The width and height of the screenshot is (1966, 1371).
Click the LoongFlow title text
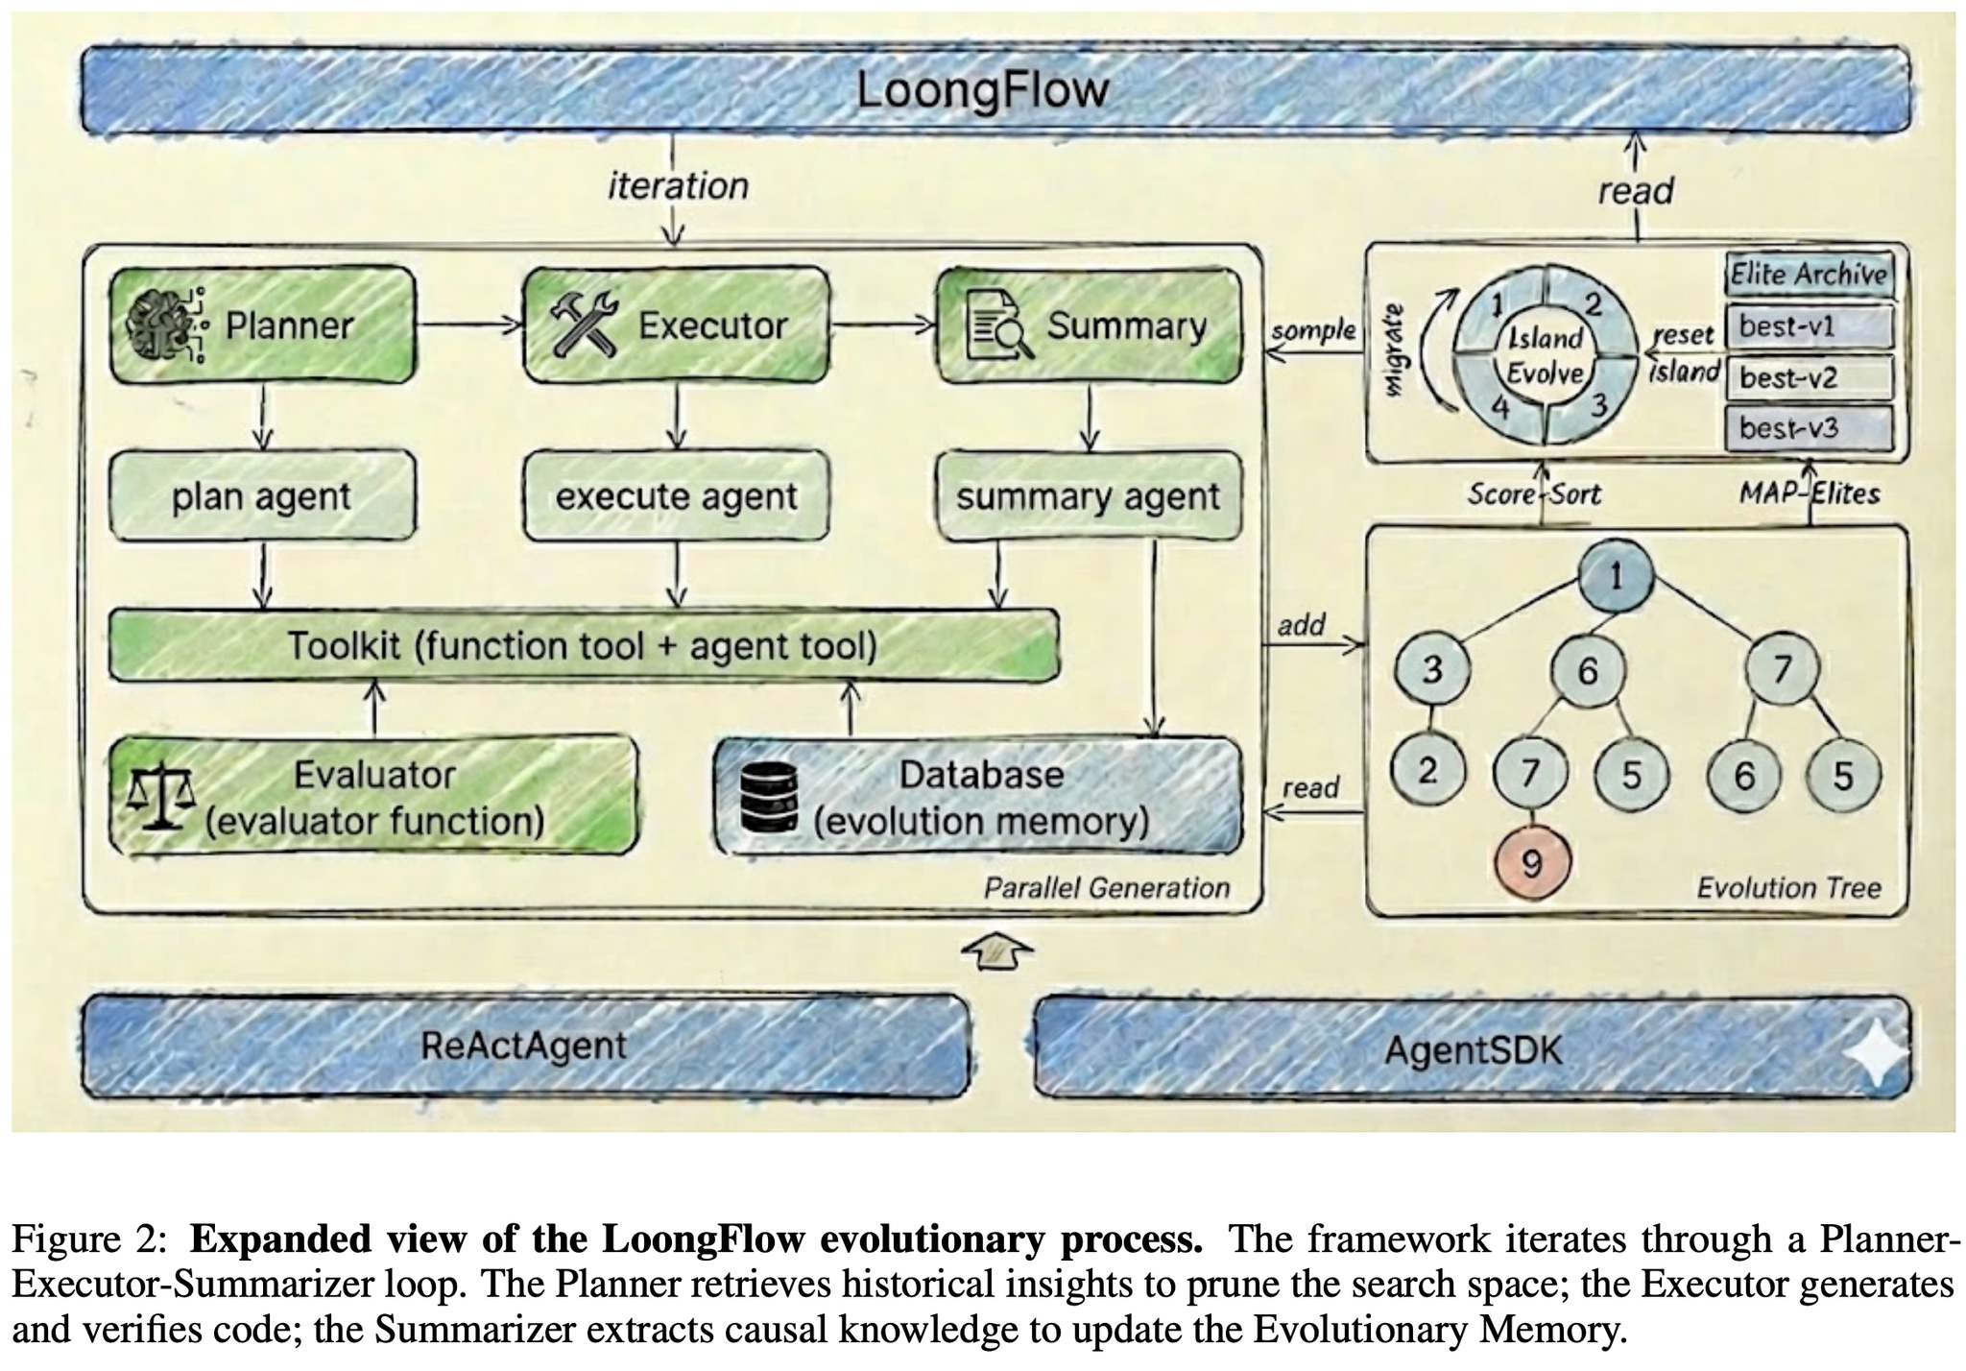(981, 90)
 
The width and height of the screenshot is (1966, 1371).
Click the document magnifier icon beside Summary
(998, 326)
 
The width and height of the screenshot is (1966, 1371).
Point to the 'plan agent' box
(262, 496)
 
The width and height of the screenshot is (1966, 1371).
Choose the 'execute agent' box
(676, 496)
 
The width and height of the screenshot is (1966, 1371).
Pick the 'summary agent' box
(1088, 496)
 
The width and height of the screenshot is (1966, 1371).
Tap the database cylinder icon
(770, 797)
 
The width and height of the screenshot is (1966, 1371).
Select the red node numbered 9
(1532, 863)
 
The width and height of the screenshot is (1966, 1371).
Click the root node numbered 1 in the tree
(1616, 577)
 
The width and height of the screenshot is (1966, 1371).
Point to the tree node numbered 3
(1431, 669)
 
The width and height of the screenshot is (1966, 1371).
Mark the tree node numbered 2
(1427, 770)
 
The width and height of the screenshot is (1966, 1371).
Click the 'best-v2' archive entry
(1809, 377)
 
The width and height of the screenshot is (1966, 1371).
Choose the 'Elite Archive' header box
(1809, 275)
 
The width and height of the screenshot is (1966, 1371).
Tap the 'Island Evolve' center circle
(1545, 355)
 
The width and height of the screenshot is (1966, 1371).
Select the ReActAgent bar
(524, 1046)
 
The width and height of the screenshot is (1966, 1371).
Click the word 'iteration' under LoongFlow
(678, 186)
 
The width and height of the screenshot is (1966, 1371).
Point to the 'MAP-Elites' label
(1810, 493)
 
